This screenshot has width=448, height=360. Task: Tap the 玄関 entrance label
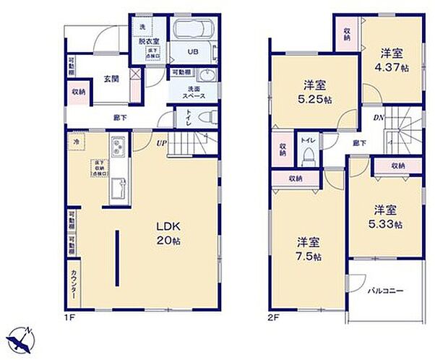111,78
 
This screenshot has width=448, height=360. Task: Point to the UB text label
193,53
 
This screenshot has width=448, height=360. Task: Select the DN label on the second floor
378,117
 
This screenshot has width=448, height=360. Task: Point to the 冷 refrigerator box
74,142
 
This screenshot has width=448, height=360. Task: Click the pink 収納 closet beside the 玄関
79,92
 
